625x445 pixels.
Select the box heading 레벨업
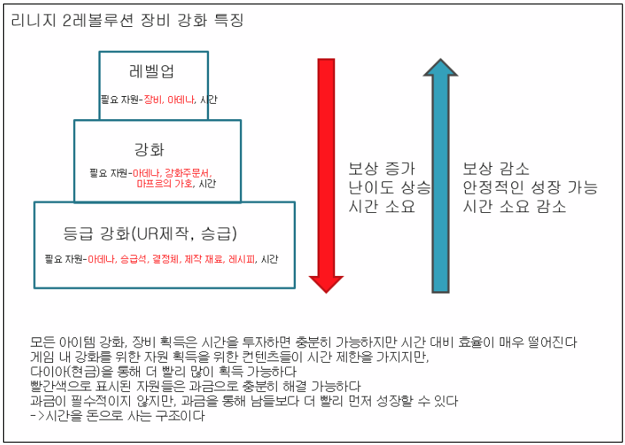[153, 72]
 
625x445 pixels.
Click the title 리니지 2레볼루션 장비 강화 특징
[128, 21]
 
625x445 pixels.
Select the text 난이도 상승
[389, 188]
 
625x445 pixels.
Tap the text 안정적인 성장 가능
[530, 188]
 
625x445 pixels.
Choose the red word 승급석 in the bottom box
[135, 260]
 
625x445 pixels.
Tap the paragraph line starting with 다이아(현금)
[163, 372]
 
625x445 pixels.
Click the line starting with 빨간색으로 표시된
[195, 387]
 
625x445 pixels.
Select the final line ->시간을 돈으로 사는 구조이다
[117, 417]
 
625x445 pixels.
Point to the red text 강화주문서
[188, 173]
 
